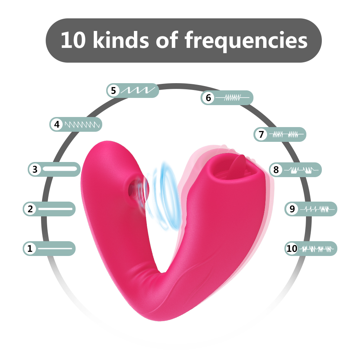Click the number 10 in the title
[73, 40]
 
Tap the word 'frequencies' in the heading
[246, 41]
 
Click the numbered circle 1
[30, 248]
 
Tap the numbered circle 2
[30, 209]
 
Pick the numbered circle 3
[35, 170]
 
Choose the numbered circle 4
[57, 125]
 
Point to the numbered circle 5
[113, 91]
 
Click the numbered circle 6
[208, 98]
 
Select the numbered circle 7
[261, 134]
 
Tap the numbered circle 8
[276, 170]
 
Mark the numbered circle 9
[292, 209]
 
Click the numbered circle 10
[292, 248]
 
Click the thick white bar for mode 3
[60, 169]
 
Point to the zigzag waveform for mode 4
[82, 125]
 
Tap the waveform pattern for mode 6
[233, 98]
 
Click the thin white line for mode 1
[55, 248]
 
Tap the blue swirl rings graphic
[162, 196]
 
